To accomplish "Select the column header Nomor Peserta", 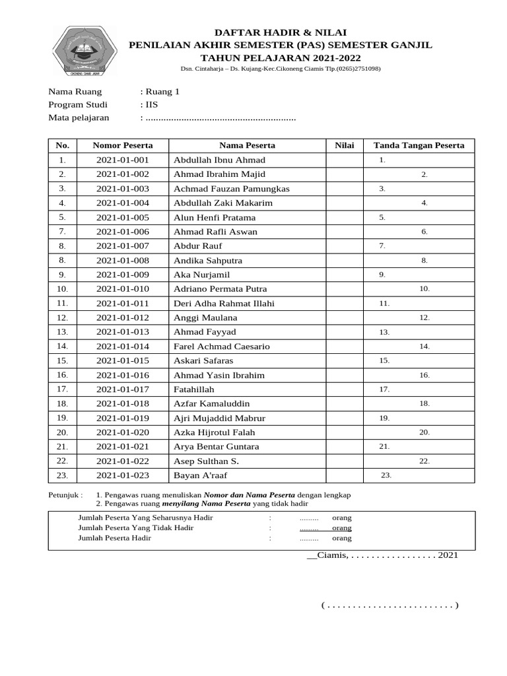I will [123, 145].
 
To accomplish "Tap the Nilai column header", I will [344, 145].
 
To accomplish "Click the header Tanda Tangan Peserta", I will [419, 145].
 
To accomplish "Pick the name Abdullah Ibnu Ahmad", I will [219, 160].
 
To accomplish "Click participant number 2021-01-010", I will [123, 289].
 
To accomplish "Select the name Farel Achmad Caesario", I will [221, 347].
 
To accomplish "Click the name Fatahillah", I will [194, 389].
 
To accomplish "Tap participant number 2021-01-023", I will [123, 475].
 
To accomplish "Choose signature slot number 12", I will [424, 318].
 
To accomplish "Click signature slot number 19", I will [384, 419].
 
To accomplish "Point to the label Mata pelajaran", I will [79, 118].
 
